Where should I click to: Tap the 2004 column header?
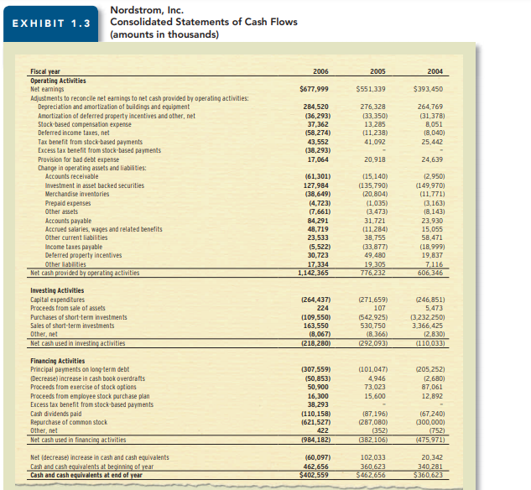[x=434, y=72]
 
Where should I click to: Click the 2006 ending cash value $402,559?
[x=312, y=476]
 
